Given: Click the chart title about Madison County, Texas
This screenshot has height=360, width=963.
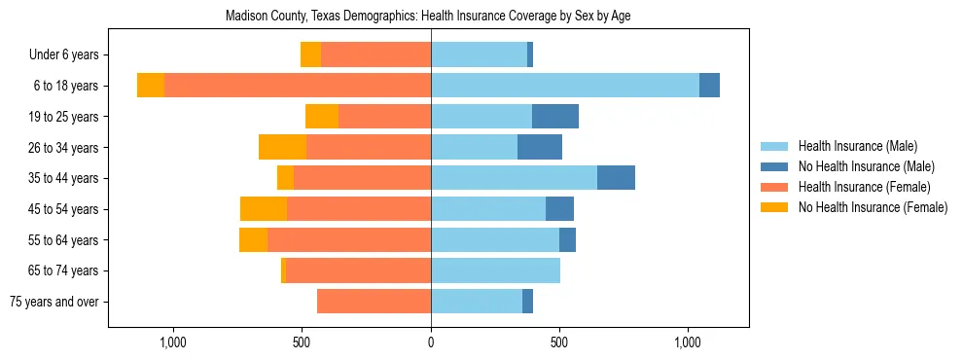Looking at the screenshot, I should [x=428, y=17].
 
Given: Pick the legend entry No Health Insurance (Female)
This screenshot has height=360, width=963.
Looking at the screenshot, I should [x=872, y=207].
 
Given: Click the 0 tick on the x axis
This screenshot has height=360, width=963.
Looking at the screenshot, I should [x=431, y=342].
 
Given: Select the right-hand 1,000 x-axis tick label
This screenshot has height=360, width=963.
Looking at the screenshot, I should [x=688, y=342].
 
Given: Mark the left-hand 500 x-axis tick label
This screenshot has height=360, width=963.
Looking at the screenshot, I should [x=302, y=342].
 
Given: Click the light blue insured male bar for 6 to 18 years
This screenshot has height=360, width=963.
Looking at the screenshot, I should [x=564, y=86].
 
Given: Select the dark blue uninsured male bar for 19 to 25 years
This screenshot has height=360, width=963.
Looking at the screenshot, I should [x=555, y=117].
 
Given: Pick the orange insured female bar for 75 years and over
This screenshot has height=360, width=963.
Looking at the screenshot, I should [x=374, y=302].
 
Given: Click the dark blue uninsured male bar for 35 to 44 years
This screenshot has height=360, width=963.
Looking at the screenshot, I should [x=616, y=178].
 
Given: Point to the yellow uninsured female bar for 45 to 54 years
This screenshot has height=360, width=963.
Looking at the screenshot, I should [x=264, y=209].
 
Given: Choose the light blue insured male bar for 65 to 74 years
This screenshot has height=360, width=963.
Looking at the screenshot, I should [x=495, y=270].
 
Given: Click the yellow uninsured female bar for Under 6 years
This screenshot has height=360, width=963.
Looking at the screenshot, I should [x=310, y=55].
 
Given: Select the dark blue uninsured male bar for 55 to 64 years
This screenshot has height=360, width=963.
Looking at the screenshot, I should [x=567, y=240].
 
